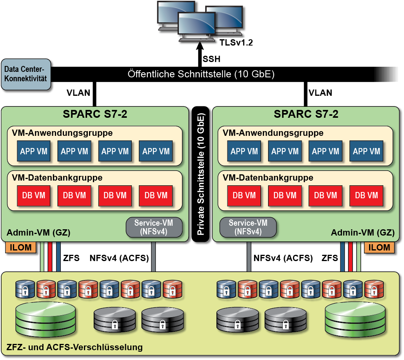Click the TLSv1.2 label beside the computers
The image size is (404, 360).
[x=235, y=43]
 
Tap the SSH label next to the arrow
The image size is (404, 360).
[x=211, y=59]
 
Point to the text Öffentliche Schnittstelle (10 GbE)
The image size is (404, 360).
[x=201, y=74]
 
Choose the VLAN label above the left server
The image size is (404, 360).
[x=78, y=93]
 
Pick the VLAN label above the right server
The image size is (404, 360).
[x=320, y=93]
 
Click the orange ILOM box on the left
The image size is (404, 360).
[x=19, y=247]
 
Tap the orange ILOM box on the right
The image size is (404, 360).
[x=379, y=247]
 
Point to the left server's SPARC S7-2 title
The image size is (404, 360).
[x=95, y=114]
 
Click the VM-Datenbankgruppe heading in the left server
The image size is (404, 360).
[x=57, y=177]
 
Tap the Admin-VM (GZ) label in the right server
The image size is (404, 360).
[x=362, y=233]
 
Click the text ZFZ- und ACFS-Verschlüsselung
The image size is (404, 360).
[x=75, y=347]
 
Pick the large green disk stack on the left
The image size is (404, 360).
[x=45, y=319]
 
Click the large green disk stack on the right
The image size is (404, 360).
[x=355, y=319]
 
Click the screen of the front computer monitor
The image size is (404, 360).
[x=196, y=24]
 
